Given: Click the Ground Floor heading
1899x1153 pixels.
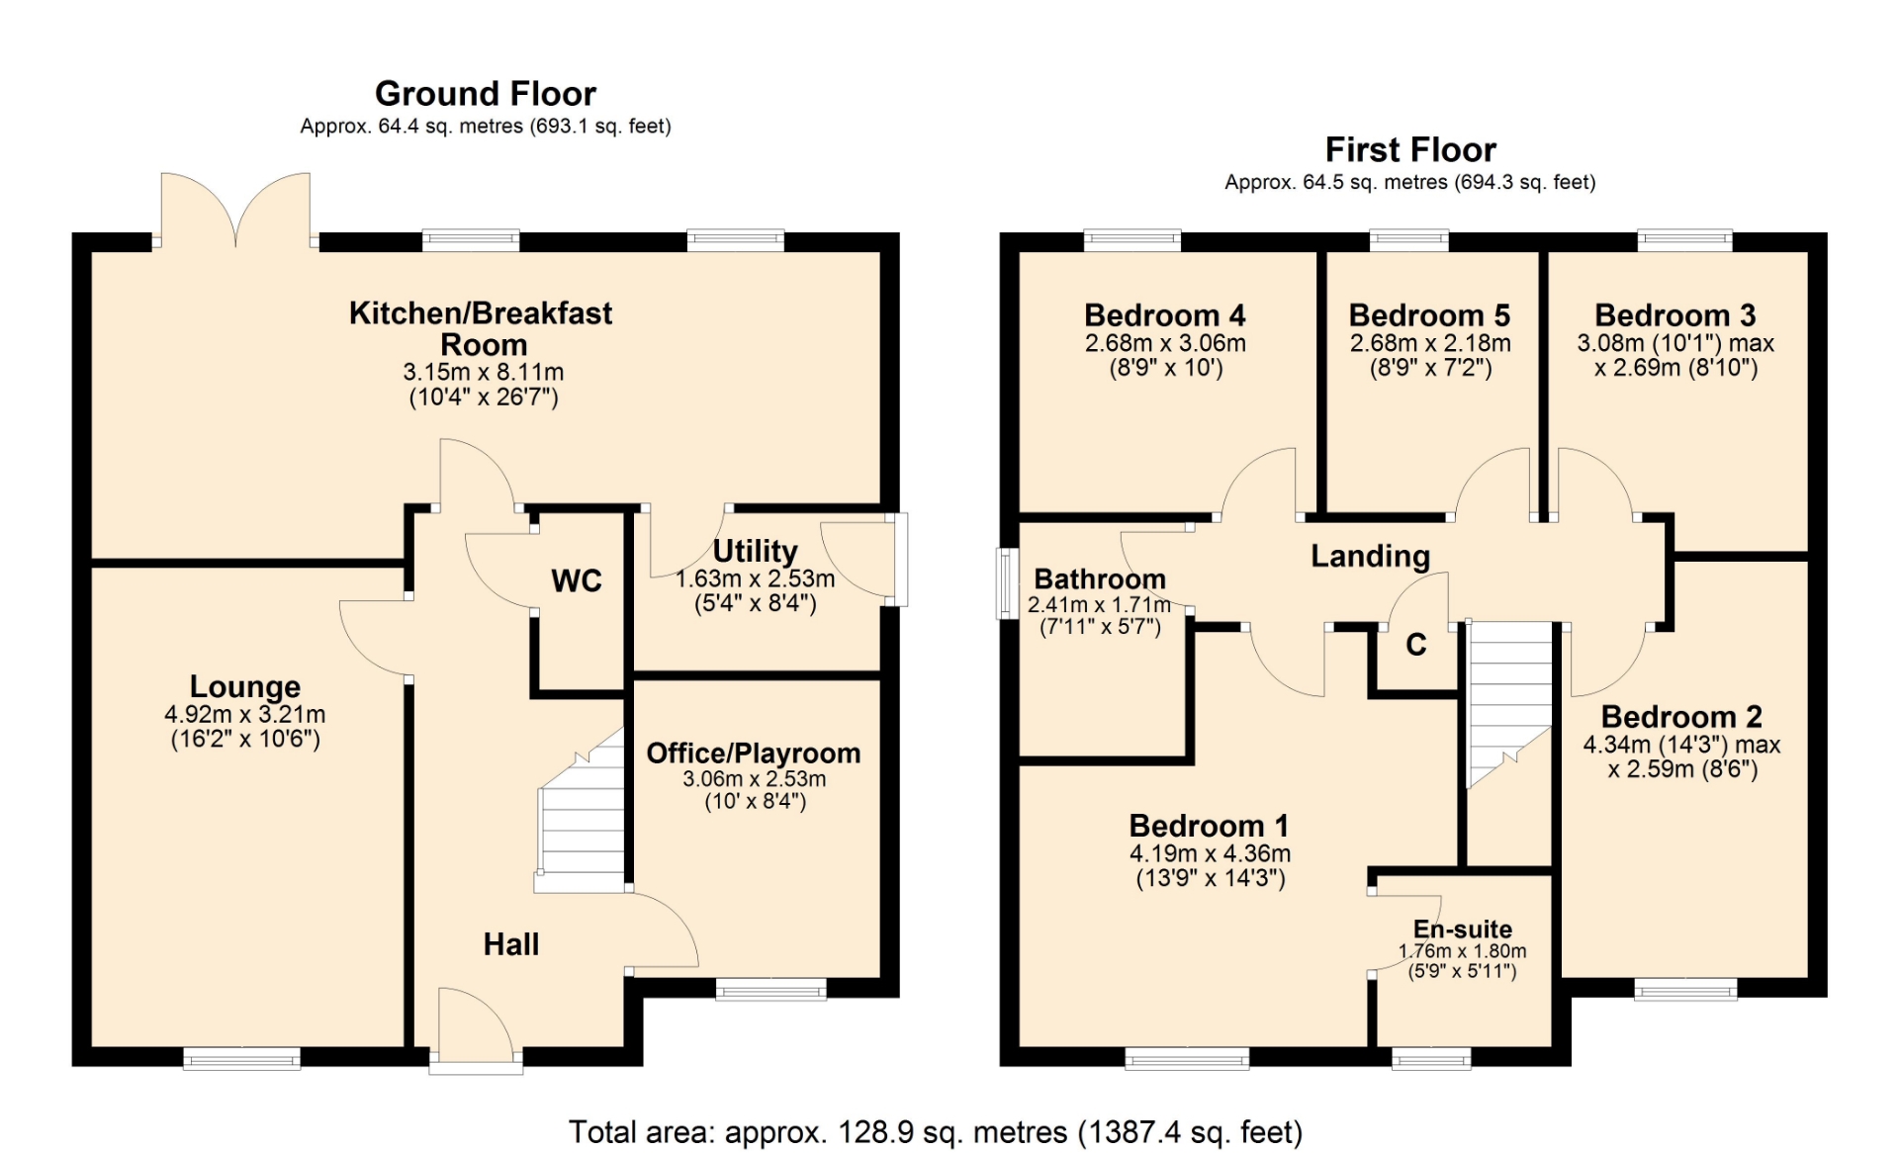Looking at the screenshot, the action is tap(485, 94).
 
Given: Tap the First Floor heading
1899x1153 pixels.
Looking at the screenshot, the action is tap(1410, 149).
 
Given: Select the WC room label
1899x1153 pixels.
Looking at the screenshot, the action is tap(577, 580).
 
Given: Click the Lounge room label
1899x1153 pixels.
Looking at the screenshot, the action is tap(245, 686).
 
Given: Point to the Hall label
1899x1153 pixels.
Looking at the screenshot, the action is tap(511, 944).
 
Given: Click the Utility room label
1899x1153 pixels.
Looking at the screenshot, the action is tap(756, 551).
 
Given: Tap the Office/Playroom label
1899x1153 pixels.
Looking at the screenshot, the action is tap(754, 754).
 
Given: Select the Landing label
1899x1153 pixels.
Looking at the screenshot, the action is tap(1371, 557).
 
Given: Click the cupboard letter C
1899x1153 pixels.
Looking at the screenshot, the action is tap(1416, 645).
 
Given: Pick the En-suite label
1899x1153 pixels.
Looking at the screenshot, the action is tap(1463, 930).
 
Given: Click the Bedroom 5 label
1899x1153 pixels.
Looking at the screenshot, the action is tap(1429, 315).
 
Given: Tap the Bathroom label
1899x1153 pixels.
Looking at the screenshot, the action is tap(1100, 579).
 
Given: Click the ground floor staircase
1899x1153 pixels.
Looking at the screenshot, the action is tap(581, 811).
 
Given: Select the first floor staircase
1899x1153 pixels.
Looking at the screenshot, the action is tap(1509, 703).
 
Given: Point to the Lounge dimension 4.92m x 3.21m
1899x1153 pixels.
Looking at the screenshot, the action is tap(245, 714).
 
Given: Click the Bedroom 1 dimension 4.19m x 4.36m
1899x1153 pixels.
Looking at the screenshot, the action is tap(1210, 853).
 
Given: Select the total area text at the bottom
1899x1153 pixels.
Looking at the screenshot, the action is tap(936, 1131).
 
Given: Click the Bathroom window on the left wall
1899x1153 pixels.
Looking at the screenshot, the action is tap(1007, 583).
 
